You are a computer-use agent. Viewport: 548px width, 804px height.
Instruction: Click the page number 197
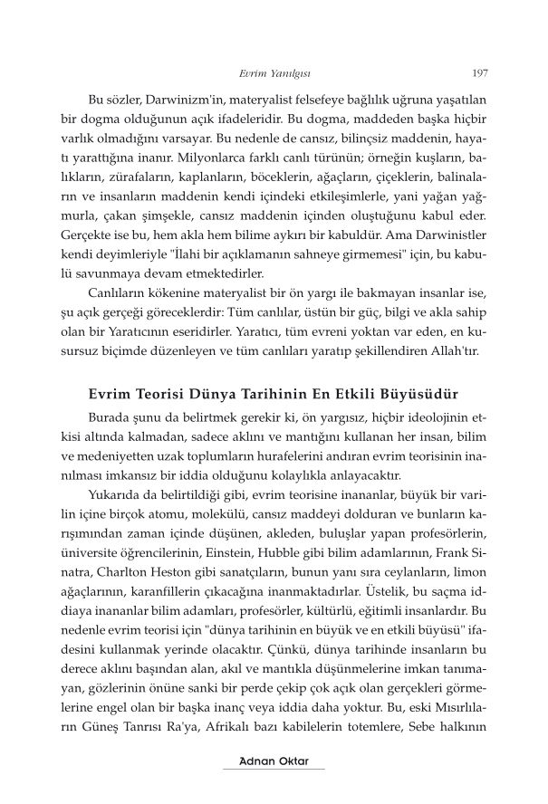[x=481, y=74]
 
